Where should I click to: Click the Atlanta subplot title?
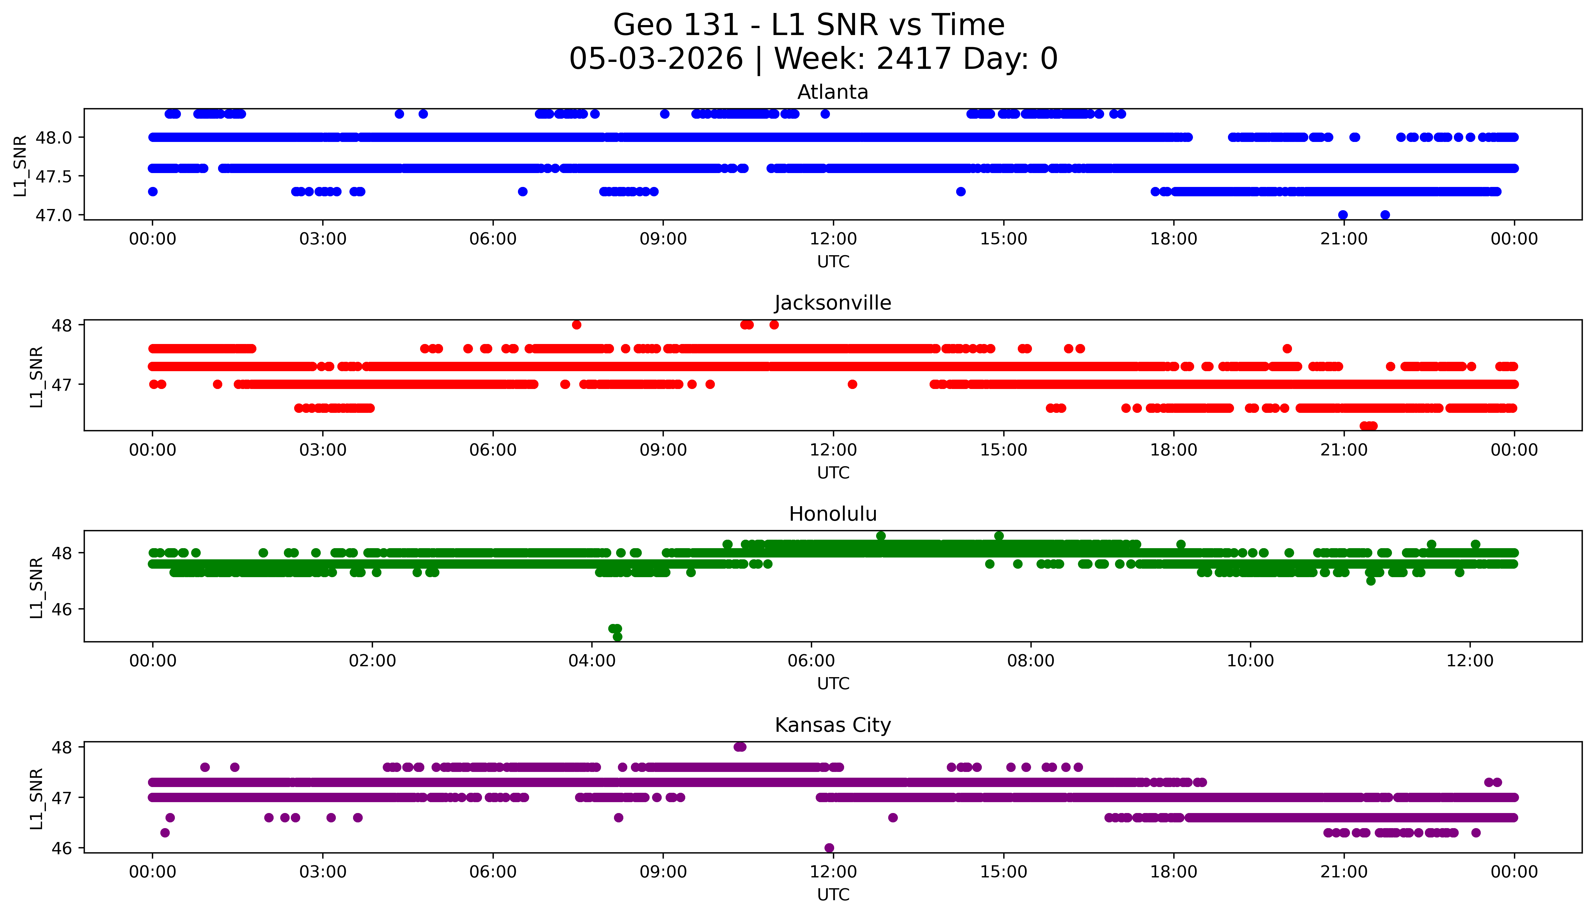click(x=833, y=92)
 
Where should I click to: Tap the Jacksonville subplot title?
click(x=833, y=303)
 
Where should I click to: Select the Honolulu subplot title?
click(x=833, y=514)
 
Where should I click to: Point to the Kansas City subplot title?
click(x=833, y=725)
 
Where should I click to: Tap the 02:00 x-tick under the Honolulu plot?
click(x=372, y=661)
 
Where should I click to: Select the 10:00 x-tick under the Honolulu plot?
click(x=1251, y=661)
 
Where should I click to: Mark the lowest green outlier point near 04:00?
click(x=618, y=637)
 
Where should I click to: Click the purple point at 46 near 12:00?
click(x=829, y=848)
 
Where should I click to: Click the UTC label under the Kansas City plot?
click(x=833, y=895)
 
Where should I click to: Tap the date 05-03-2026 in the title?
click(x=656, y=59)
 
